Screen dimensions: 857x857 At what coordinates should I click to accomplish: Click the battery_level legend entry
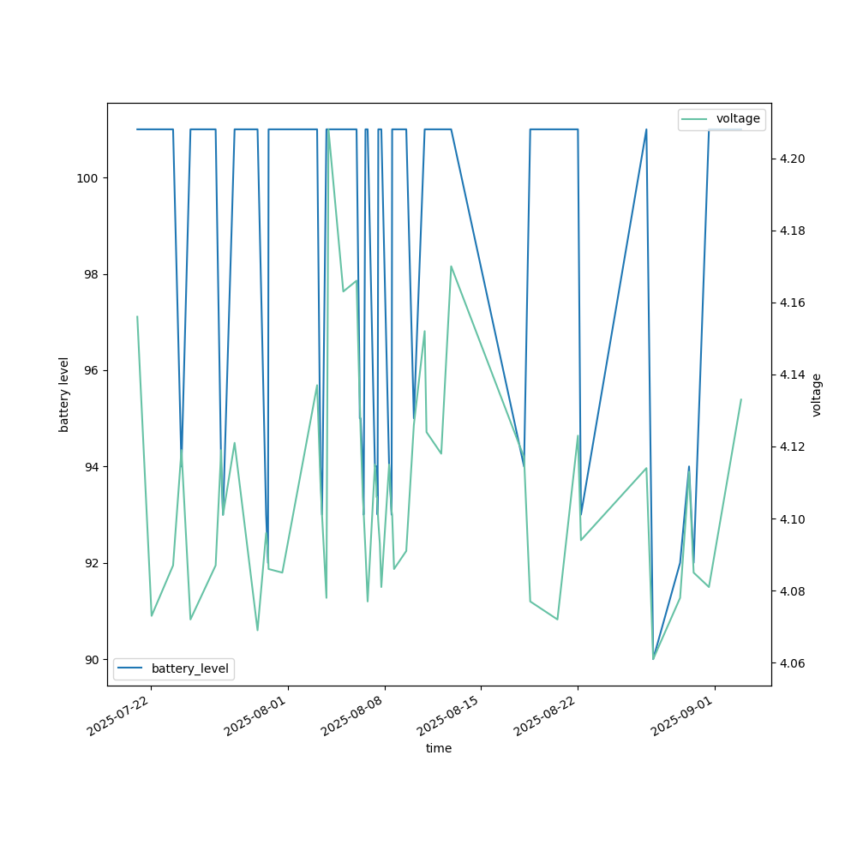click(189, 668)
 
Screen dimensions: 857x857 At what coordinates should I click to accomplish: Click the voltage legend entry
click(737, 119)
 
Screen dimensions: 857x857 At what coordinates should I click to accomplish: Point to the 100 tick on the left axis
click(89, 178)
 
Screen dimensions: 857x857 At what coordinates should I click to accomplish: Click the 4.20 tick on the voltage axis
click(792, 159)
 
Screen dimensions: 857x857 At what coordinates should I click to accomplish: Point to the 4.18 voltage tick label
click(792, 231)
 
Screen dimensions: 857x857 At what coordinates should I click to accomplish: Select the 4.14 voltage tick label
click(792, 375)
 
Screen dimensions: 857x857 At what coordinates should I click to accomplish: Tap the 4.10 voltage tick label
click(792, 519)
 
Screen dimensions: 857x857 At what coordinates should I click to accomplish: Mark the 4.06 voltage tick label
click(792, 663)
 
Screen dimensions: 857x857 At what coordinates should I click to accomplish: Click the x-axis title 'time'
click(439, 748)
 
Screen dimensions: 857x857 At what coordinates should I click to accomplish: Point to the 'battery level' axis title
click(64, 394)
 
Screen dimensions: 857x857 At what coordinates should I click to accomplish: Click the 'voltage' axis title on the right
click(817, 394)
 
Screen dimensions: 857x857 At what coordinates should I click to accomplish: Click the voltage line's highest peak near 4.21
click(328, 129)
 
